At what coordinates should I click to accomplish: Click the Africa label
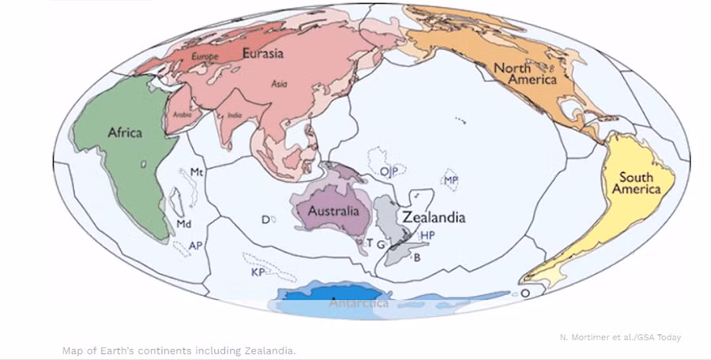click(x=125, y=133)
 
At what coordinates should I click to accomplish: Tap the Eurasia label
click(x=263, y=54)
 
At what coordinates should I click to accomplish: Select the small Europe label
click(x=204, y=57)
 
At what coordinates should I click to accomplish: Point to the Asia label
click(x=279, y=83)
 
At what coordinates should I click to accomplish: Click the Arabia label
click(x=182, y=114)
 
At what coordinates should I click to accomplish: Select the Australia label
click(x=334, y=212)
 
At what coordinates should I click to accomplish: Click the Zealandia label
click(x=434, y=217)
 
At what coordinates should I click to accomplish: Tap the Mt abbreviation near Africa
click(x=197, y=172)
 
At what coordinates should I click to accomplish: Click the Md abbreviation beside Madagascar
click(x=184, y=224)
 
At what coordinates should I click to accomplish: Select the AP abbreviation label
click(x=196, y=246)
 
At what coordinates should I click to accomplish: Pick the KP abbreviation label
click(x=257, y=272)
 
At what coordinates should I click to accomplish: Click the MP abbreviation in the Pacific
click(x=451, y=181)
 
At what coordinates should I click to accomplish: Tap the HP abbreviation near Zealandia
click(x=427, y=235)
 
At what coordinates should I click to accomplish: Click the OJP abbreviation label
click(x=387, y=171)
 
